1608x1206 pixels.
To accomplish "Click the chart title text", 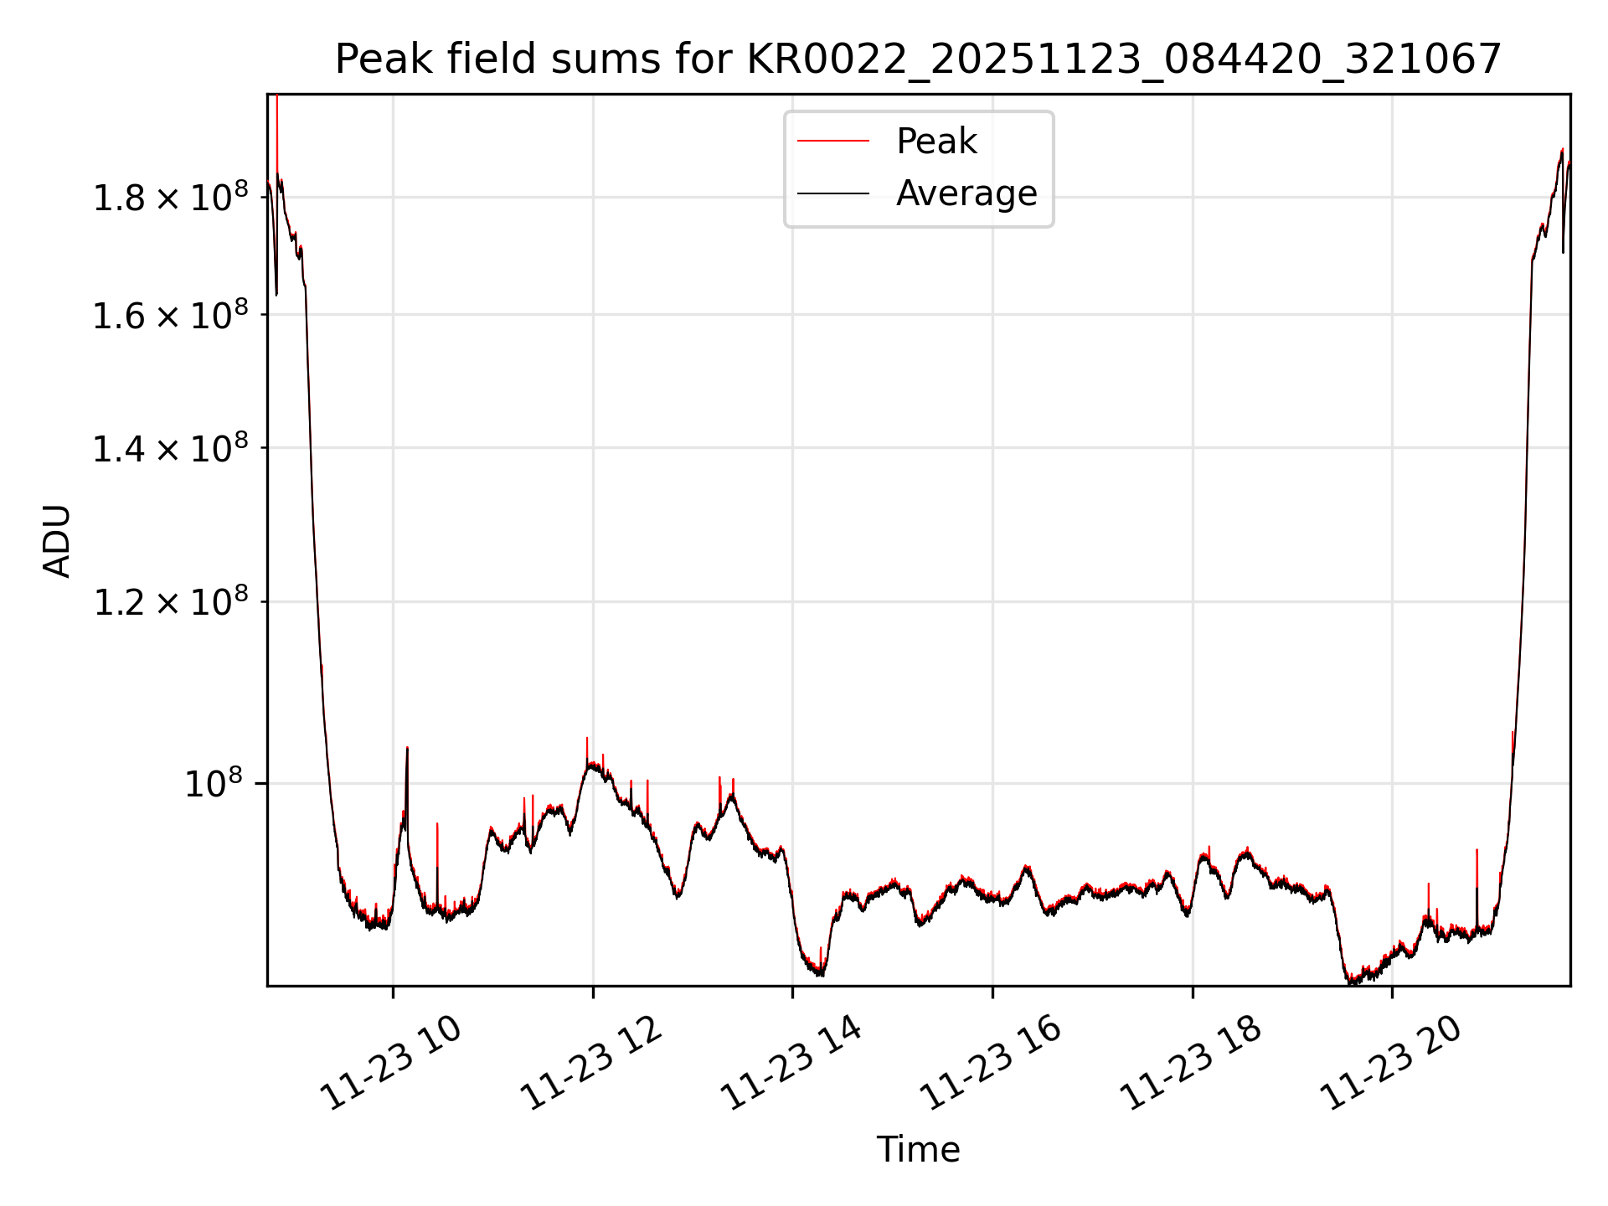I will pyautogui.click(x=918, y=59).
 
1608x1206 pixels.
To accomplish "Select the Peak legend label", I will pyautogui.click(x=935, y=141).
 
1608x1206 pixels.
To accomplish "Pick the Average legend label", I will pyautogui.click(x=966, y=193).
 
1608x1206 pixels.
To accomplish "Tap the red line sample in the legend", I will pyautogui.click(x=832, y=141).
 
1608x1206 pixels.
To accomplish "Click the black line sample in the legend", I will pyautogui.click(x=832, y=193).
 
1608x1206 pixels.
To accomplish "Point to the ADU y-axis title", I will pyautogui.click(x=57, y=540).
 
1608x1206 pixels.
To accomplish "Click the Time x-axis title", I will pyautogui.click(x=918, y=1149).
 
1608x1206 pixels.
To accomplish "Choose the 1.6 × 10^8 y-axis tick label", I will pyautogui.click(x=170, y=316).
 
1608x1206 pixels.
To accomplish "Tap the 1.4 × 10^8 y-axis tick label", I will pyautogui.click(x=170, y=449).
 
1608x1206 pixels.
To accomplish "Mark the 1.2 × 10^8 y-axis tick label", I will pyautogui.click(x=170, y=602).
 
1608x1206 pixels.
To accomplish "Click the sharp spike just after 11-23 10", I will pyautogui.click(x=407, y=750).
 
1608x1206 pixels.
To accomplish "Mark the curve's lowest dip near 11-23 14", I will pyautogui.click(x=821, y=974).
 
